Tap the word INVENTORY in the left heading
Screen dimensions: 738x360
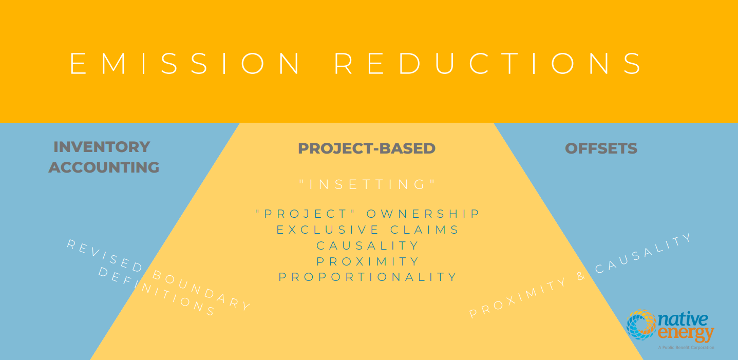[x=102, y=147]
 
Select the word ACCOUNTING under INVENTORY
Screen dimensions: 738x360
[x=104, y=167]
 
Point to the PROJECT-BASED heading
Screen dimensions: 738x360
[x=367, y=148]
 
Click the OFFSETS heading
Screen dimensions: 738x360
[x=601, y=148]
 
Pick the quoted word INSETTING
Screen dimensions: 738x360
[x=367, y=184]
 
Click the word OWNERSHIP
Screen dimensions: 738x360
[x=423, y=214]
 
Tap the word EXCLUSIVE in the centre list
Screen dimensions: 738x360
[x=328, y=230]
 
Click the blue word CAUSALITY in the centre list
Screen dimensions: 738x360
[x=367, y=245]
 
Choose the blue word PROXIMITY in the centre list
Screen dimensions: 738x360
[x=367, y=261]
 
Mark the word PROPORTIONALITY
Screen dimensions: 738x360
[x=367, y=277]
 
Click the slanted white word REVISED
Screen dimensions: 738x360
[x=105, y=256]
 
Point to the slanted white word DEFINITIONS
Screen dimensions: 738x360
[x=157, y=292]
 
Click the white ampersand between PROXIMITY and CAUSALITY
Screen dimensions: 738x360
[x=581, y=276]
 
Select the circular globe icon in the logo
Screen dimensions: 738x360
[x=641, y=325]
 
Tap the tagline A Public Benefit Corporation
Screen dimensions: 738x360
[x=686, y=348]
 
